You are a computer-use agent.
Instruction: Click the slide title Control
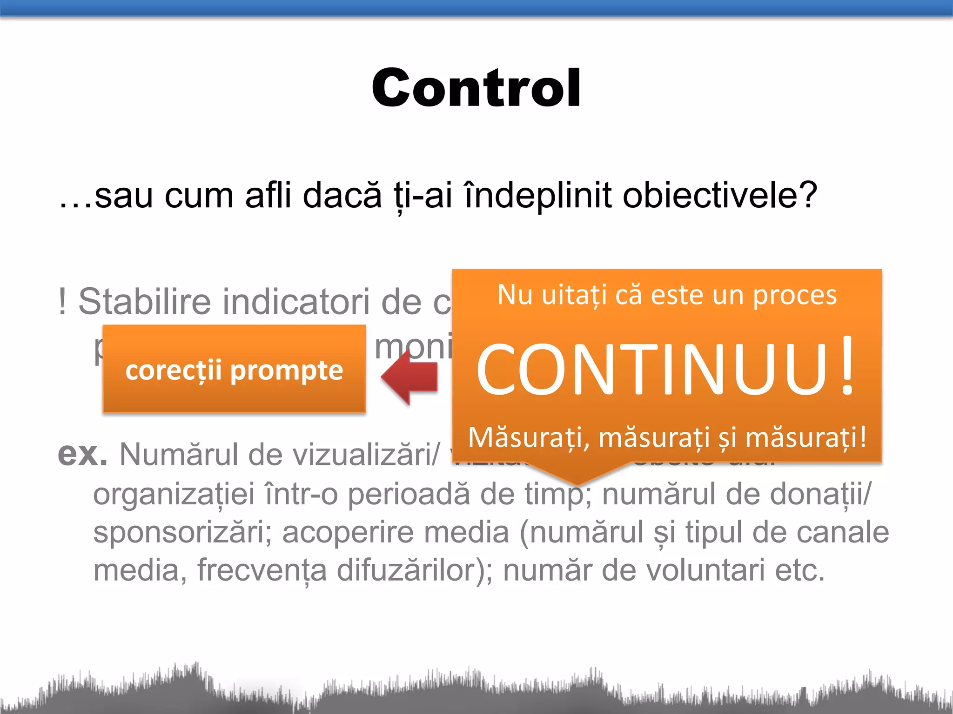476,88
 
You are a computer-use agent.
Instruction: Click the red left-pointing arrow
410,377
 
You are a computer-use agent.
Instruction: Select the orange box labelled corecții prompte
234,369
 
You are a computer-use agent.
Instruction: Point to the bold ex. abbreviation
82,454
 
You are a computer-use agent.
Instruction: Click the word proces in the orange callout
795,296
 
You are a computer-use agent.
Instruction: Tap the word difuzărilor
414,570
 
